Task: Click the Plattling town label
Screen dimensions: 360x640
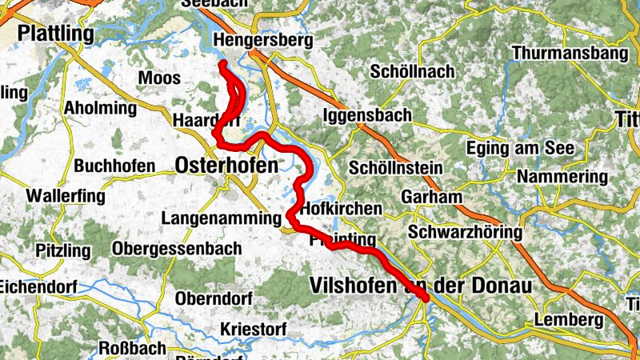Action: point(55,34)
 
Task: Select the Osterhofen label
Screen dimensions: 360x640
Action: point(227,166)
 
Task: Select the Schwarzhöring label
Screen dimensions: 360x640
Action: point(465,233)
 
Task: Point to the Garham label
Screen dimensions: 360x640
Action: point(433,197)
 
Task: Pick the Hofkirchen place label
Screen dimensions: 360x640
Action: point(342,208)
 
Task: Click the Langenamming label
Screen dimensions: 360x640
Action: point(221,218)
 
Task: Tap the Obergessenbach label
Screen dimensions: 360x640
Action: point(177,249)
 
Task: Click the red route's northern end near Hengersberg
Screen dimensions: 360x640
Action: point(222,64)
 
